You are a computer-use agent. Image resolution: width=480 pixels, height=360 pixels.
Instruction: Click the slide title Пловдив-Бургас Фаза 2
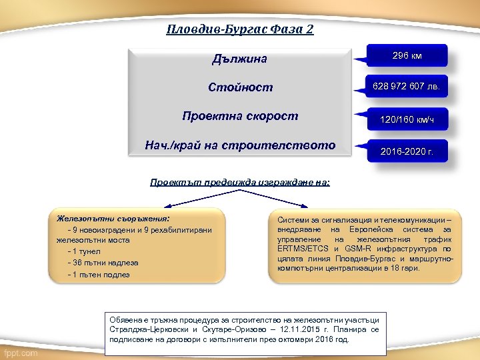240,30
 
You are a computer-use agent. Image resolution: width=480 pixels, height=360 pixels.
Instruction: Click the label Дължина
239,59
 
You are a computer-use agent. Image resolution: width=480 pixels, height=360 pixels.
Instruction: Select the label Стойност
240,88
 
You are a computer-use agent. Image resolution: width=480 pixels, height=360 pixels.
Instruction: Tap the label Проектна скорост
240,117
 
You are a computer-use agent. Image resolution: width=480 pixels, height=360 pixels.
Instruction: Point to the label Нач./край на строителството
240,145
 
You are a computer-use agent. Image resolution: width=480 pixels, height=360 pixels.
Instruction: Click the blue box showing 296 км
407,56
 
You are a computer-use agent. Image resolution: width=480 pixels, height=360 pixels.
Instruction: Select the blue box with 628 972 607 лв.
407,87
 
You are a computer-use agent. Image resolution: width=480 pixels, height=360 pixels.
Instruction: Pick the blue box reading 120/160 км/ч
407,120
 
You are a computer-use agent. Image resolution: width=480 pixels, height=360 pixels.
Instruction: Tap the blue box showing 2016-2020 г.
407,152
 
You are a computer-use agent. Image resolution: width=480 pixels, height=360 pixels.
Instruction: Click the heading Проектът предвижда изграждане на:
240,182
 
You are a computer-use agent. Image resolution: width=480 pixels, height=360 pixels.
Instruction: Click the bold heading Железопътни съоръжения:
113,218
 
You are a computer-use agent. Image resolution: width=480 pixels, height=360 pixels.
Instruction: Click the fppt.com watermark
21,353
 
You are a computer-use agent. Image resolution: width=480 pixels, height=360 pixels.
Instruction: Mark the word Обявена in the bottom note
125,319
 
